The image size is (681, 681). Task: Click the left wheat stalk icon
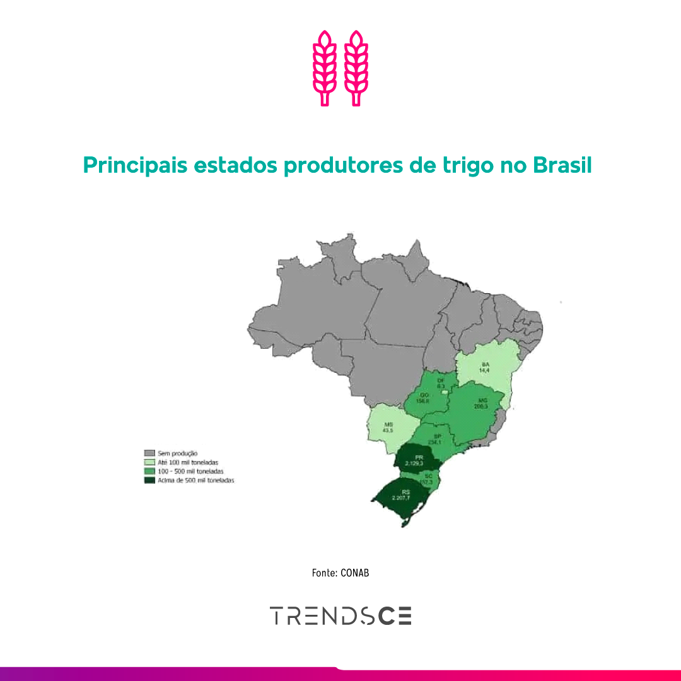325,67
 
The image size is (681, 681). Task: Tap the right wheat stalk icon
356,67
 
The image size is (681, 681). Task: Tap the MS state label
388,425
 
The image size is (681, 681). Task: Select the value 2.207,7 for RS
401,498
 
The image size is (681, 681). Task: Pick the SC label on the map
428,475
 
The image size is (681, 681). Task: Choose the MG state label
483,400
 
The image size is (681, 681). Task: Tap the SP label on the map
436,436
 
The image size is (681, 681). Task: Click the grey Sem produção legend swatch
149,453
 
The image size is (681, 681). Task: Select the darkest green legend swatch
149,480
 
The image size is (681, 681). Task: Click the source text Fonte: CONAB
340,573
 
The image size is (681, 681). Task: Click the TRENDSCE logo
340,615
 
